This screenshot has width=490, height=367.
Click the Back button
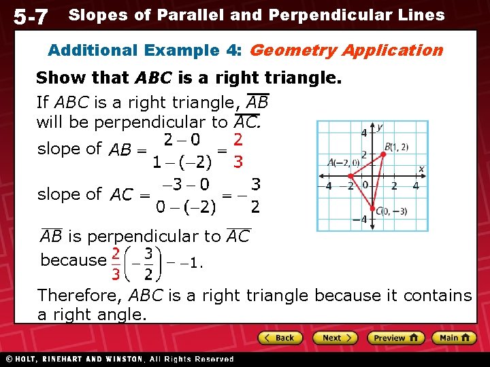(279, 338)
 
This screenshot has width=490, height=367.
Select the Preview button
(395, 338)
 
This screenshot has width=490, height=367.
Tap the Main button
(455, 338)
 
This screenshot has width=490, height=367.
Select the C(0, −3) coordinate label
(392, 211)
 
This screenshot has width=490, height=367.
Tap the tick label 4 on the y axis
(363, 133)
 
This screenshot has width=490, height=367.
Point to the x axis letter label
(421, 169)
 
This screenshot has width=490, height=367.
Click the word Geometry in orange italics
(294, 50)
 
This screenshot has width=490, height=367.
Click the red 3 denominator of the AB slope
(237, 162)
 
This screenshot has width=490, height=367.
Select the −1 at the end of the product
(193, 262)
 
